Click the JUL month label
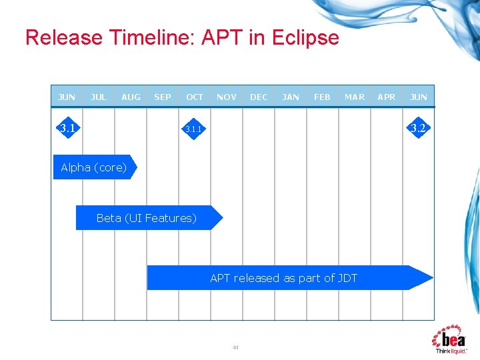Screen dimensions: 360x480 (98, 97)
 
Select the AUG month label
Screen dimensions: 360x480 (131, 97)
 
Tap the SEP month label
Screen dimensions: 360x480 (163, 97)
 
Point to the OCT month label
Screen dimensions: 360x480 (195, 97)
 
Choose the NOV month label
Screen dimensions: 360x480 (227, 97)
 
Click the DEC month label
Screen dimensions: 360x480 (259, 97)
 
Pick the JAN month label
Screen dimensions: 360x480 (291, 97)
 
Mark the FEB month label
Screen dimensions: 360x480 (322, 97)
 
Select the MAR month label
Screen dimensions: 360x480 (355, 97)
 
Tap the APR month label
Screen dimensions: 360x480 (387, 97)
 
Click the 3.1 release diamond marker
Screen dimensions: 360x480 (67, 128)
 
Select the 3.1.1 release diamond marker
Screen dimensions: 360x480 (194, 129)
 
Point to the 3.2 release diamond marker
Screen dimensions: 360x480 (418, 129)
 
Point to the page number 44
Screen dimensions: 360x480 (235, 347)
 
